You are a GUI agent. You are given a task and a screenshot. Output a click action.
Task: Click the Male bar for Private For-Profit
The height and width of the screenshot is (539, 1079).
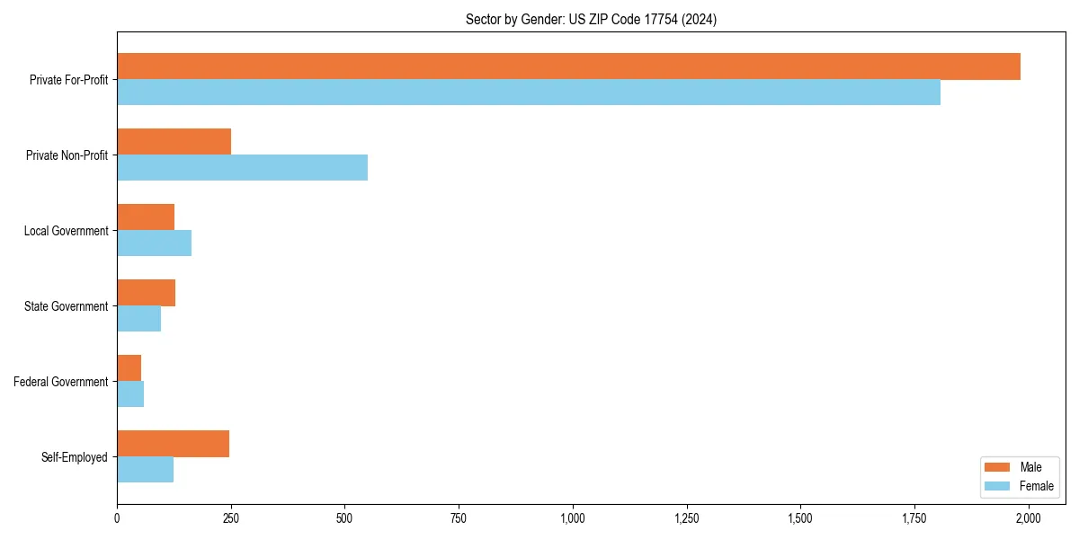[x=568, y=66]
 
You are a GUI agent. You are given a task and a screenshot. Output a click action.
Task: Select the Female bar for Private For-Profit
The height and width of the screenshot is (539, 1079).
[x=529, y=93]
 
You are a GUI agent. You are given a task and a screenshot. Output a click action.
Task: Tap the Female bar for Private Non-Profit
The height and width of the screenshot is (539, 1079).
[x=242, y=168]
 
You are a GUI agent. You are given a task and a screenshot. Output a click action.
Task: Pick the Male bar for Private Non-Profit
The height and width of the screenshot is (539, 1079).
[x=174, y=142]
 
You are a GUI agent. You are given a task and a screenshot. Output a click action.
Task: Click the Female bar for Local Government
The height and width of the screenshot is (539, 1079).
[x=154, y=243]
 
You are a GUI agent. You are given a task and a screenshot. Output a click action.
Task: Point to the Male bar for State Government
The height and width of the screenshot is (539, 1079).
[x=146, y=293]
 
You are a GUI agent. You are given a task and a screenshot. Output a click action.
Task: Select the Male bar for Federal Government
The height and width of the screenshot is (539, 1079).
[x=129, y=368]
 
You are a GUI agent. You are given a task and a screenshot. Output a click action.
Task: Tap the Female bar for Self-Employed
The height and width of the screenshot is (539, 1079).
[x=145, y=470]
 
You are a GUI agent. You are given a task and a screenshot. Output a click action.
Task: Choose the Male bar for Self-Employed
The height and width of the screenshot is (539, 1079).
[x=173, y=444]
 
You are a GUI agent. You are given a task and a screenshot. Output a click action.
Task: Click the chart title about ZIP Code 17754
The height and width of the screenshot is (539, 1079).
[x=591, y=19]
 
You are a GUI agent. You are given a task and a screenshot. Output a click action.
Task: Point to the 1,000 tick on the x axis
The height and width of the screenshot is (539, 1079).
[x=573, y=518]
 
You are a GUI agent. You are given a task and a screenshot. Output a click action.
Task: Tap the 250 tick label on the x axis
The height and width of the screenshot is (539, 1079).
[x=231, y=518]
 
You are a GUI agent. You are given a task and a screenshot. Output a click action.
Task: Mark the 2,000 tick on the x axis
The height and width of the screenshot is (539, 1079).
[x=1028, y=518]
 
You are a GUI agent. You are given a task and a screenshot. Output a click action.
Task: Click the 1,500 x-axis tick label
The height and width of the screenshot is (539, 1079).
[x=800, y=518]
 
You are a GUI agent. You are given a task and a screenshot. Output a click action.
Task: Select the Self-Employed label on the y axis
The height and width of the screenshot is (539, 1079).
[x=74, y=457]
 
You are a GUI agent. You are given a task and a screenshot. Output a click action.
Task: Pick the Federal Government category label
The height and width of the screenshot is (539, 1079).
[x=60, y=382]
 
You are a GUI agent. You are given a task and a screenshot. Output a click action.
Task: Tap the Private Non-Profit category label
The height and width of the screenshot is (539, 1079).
[x=67, y=155]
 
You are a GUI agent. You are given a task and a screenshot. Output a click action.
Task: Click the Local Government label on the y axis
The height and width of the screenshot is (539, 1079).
[x=66, y=231]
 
